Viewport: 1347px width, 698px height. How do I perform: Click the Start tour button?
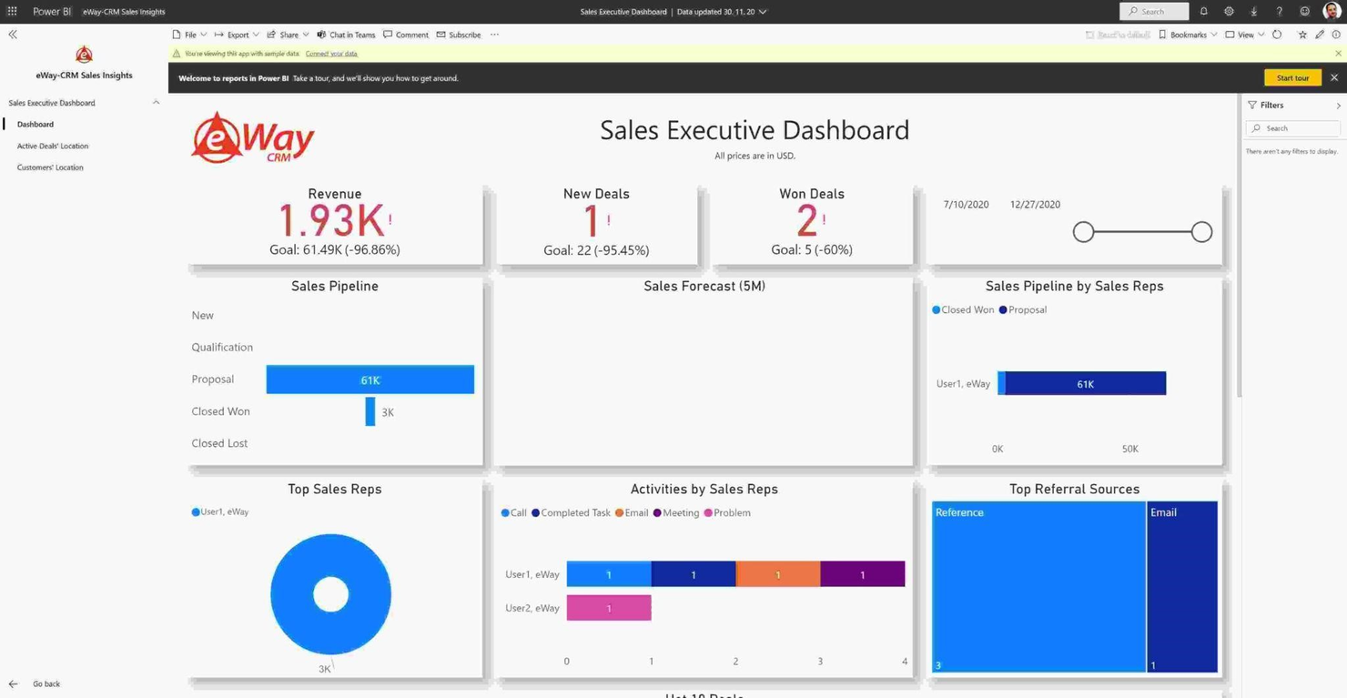point(1291,78)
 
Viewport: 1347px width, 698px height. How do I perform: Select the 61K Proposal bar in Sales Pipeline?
point(370,379)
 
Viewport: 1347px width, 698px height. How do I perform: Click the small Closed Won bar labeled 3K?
point(370,411)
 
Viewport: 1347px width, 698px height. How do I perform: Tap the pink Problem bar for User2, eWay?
point(608,608)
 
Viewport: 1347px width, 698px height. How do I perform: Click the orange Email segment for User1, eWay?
point(777,574)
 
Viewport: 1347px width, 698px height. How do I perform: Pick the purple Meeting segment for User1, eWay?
point(862,574)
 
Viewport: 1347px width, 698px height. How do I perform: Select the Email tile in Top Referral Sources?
point(1181,587)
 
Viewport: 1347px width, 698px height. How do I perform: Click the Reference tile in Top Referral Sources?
point(1038,587)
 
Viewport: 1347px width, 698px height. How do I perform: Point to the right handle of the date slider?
point(1201,232)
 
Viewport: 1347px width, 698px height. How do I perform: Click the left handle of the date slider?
point(1083,232)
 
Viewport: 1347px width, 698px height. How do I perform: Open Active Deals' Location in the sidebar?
point(53,146)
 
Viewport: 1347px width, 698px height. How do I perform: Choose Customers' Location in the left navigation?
point(50,167)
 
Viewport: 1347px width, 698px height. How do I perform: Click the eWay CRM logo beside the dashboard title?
point(252,138)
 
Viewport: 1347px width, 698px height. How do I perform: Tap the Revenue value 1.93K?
point(330,220)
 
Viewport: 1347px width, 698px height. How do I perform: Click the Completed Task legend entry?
point(571,513)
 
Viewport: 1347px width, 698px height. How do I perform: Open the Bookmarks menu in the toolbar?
point(1187,35)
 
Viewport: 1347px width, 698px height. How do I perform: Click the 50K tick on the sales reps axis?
point(1129,449)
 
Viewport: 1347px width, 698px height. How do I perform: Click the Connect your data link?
point(331,54)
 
